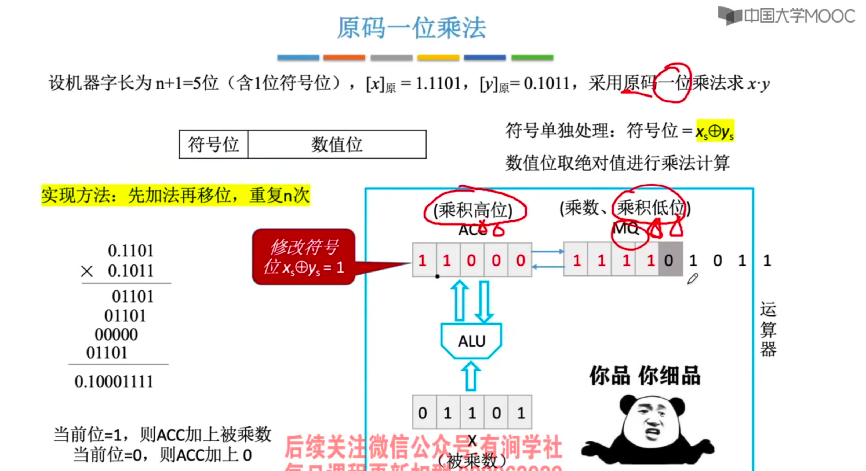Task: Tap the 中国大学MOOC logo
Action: click(x=787, y=16)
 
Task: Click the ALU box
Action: click(x=471, y=341)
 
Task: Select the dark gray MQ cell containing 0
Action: click(x=670, y=260)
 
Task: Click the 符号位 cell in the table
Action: click(x=213, y=145)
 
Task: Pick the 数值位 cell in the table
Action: click(x=337, y=145)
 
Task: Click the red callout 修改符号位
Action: click(x=304, y=257)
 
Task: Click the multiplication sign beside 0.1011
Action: click(x=87, y=271)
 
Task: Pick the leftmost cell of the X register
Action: click(x=424, y=413)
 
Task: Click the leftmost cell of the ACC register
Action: click(x=424, y=260)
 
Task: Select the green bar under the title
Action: click(x=532, y=57)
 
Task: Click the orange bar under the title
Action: click(x=344, y=57)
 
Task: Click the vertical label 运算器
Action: click(x=768, y=329)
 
